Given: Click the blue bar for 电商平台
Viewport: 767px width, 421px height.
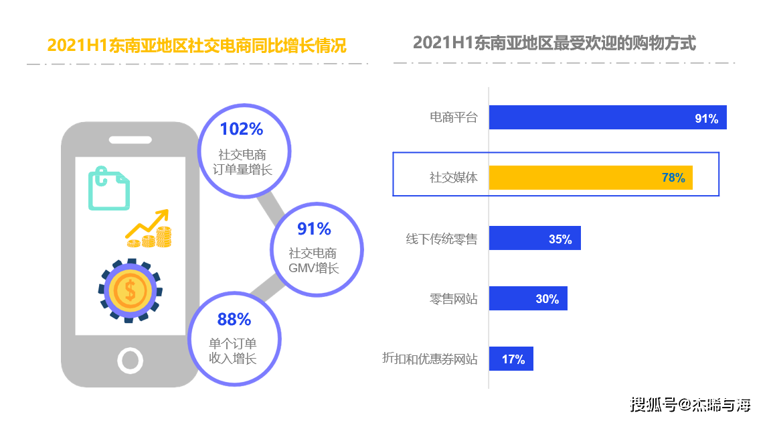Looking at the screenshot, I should coord(607,117).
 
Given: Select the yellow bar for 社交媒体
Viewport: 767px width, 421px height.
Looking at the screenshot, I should coord(590,178).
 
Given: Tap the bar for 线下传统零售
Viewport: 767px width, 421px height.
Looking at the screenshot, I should coord(534,238).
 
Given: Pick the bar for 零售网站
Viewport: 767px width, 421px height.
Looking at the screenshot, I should coord(527,298).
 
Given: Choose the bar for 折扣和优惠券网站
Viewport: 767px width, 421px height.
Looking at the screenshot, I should coord(511,359).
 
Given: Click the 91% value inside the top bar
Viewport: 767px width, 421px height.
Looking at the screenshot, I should coord(706,119).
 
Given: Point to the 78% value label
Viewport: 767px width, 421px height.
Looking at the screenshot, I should coord(673,178).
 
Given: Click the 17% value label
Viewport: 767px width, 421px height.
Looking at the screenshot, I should coord(513,359).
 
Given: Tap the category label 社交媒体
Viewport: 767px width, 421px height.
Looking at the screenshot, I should coord(453,178).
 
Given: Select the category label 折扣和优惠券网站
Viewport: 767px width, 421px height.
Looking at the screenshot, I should coord(430,359).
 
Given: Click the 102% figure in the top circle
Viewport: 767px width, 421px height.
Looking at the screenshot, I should coord(242,129).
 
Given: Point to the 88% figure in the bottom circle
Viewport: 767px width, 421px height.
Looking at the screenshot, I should coord(234,319).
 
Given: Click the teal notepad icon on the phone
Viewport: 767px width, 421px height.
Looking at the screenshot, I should coord(108,189).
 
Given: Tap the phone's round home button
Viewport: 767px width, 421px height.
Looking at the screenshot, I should coord(130,360).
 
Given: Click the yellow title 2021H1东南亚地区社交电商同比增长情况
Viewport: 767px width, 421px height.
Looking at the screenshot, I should coord(197,46).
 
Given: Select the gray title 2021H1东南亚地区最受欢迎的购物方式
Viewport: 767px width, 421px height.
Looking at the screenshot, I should coord(554,43).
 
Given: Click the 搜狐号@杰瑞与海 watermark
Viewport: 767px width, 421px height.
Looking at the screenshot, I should coord(691,404).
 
